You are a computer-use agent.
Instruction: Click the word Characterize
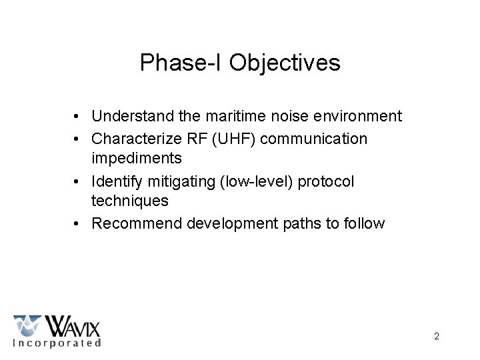click(x=135, y=139)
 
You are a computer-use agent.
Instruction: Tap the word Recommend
click(x=137, y=224)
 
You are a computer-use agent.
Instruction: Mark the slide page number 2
click(x=437, y=337)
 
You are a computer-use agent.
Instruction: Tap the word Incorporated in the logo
click(x=57, y=343)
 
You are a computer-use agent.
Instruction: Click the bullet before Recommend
click(x=78, y=224)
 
